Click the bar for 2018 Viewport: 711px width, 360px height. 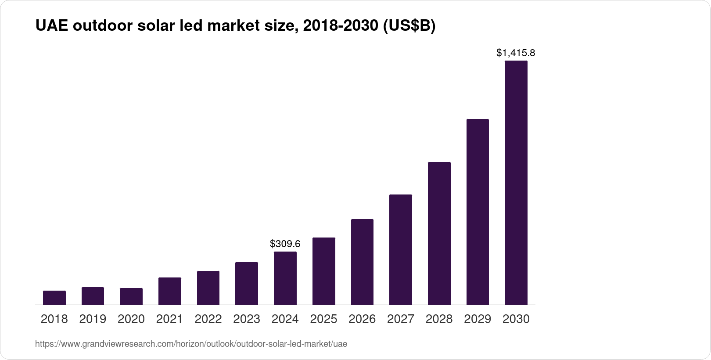coord(54,298)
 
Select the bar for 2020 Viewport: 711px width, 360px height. coord(131,296)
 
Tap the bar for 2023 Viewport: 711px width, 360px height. coord(247,283)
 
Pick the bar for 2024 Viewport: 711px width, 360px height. coord(285,278)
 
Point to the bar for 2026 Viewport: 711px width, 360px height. coord(362,262)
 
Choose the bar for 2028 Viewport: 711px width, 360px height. coord(439,233)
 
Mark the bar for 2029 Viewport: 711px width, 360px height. coord(478,212)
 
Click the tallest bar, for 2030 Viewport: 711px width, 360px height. coord(516,183)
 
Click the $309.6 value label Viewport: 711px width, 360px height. coord(285,244)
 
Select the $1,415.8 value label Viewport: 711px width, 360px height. coord(516,53)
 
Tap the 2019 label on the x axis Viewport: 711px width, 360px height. coord(93,319)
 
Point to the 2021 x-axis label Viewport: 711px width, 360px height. coord(170,319)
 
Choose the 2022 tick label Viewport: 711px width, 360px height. coord(208,319)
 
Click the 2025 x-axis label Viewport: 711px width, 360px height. coord(323,319)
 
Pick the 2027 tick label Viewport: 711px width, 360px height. coord(401,319)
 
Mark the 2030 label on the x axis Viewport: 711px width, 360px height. coord(516,319)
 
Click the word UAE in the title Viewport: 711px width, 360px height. coord(51,26)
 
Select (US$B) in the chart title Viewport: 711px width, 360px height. coord(409,26)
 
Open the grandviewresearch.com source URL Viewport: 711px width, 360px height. coord(191,344)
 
